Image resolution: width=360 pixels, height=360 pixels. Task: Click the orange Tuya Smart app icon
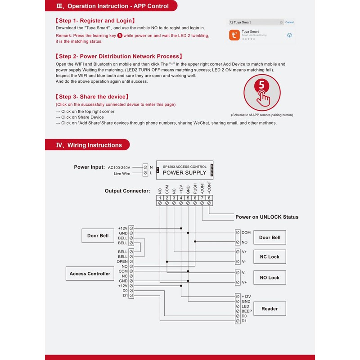coord(234,35)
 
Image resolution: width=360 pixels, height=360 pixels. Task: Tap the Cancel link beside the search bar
coord(289,22)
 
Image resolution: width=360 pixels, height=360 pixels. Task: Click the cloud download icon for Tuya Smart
coord(289,35)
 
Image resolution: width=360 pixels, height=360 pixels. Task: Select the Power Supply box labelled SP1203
coord(184,170)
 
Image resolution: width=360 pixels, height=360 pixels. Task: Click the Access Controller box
coord(90,274)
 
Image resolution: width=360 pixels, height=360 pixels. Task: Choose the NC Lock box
coord(270,257)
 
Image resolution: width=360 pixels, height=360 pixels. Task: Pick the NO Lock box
coord(270,278)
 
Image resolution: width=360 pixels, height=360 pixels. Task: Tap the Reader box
coord(270,309)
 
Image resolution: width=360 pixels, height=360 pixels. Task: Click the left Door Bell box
coord(98,236)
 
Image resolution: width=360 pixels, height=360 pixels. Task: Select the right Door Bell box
coord(270,238)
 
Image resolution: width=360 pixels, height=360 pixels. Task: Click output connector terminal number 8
coord(209,198)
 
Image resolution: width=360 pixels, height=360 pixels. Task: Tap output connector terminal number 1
coord(160,198)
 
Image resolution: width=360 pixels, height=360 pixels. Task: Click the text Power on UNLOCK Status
coord(267,217)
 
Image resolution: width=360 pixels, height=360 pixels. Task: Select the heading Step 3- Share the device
coord(92,97)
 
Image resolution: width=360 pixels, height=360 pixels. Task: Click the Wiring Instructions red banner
coord(87,145)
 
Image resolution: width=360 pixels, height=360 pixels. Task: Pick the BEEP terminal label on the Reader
coord(247,311)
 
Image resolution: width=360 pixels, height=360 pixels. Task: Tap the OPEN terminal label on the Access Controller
coord(122,261)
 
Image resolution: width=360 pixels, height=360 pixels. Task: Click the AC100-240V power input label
coord(119,167)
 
